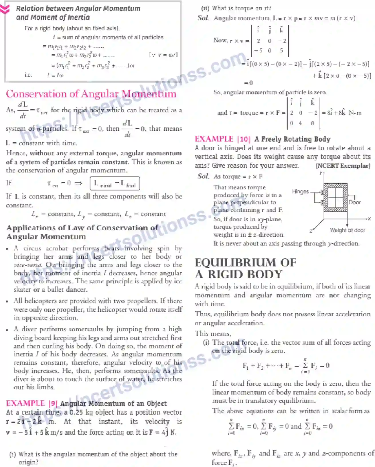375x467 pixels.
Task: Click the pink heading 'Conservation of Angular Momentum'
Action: (x=91, y=94)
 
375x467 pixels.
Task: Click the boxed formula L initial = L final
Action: (x=115, y=184)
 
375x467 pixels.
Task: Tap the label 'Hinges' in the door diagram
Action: (x=300, y=191)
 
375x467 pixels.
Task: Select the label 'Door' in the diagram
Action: (x=354, y=202)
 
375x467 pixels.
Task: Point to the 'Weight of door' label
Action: (x=347, y=230)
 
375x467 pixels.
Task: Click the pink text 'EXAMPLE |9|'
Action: (x=31, y=403)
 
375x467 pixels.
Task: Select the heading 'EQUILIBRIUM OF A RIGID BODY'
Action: (x=245, y=268)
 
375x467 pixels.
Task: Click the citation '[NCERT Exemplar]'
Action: (x=343, y=166)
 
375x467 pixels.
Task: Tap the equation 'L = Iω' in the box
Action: (x=56, y=75)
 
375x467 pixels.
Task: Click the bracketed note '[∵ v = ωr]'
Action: (x=163, y=55)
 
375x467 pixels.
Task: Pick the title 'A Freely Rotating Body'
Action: (x=292, y=139)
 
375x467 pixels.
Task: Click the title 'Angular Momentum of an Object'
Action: (x=113, y=403)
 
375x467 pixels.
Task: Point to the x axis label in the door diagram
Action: (x=369, y=219)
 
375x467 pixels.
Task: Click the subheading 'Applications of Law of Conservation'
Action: (x=82, y=228)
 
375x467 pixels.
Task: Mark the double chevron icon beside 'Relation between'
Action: (x=5, y=9)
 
